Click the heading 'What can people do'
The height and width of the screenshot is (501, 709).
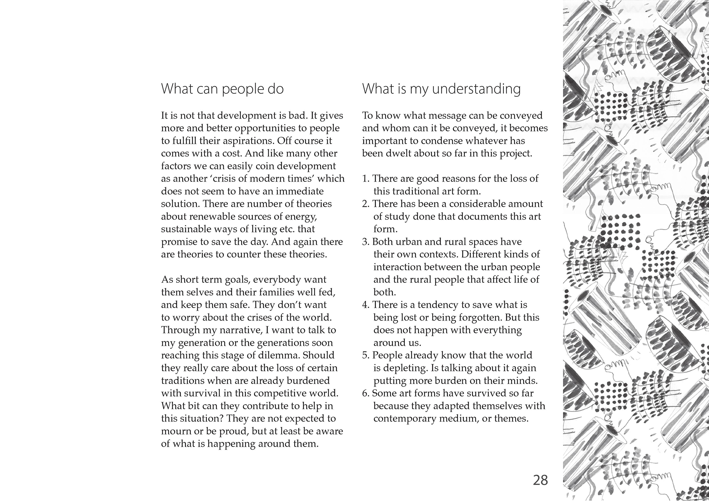(x=222, y=89)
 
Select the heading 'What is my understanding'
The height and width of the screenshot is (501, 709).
(x=441, y=89)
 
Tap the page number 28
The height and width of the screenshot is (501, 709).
(x=540, y=480)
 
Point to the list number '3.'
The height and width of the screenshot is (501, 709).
(x=366, y=242)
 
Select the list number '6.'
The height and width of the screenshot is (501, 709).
(x=366, y=393)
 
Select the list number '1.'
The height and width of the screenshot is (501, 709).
(x=366, y=179)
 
